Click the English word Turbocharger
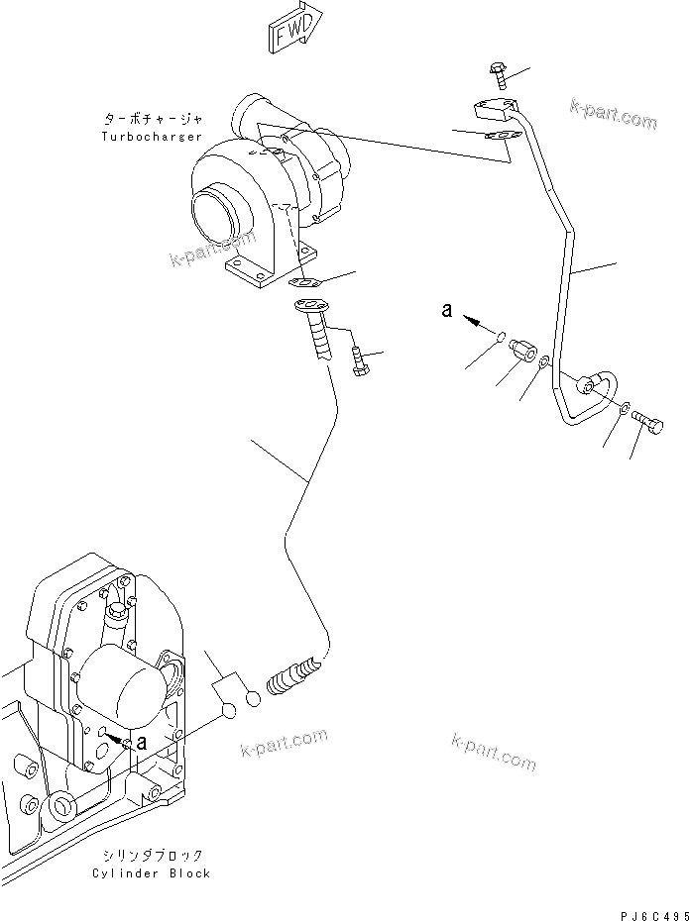[x=152, y=136]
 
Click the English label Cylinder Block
[x=151, y=873]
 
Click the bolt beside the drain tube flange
[x=359, y=361]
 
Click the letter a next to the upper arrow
[x=448, y=311]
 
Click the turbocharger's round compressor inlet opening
[x=216, y=209]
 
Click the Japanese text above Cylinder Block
[x=151, y=855]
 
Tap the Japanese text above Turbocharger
[x=152, y=118]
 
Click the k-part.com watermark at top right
[x=613, y=115]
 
